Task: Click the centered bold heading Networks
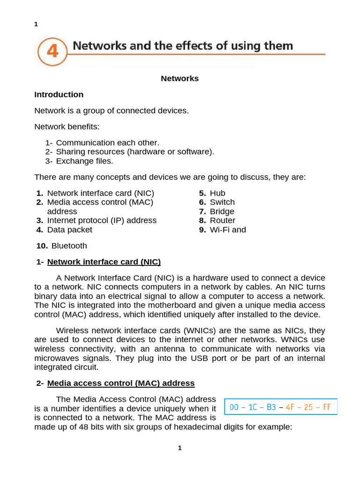click(180, 79)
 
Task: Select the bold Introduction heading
click(59, 95)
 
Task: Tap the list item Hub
click(217, 193)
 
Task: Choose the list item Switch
click(222, 202)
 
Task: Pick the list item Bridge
click(222, 211)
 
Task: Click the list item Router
click(223, 220)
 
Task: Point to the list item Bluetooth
click(69, 246)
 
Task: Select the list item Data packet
click(70, 230)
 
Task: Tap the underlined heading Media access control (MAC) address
click(120, 383)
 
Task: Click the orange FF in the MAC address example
click(326, 407)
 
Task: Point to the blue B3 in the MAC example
click(271, 407)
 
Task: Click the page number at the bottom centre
click(180, 448)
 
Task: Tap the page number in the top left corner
click(36, 24)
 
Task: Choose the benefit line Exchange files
click(84, 161)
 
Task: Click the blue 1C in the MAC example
click(253, 407)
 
